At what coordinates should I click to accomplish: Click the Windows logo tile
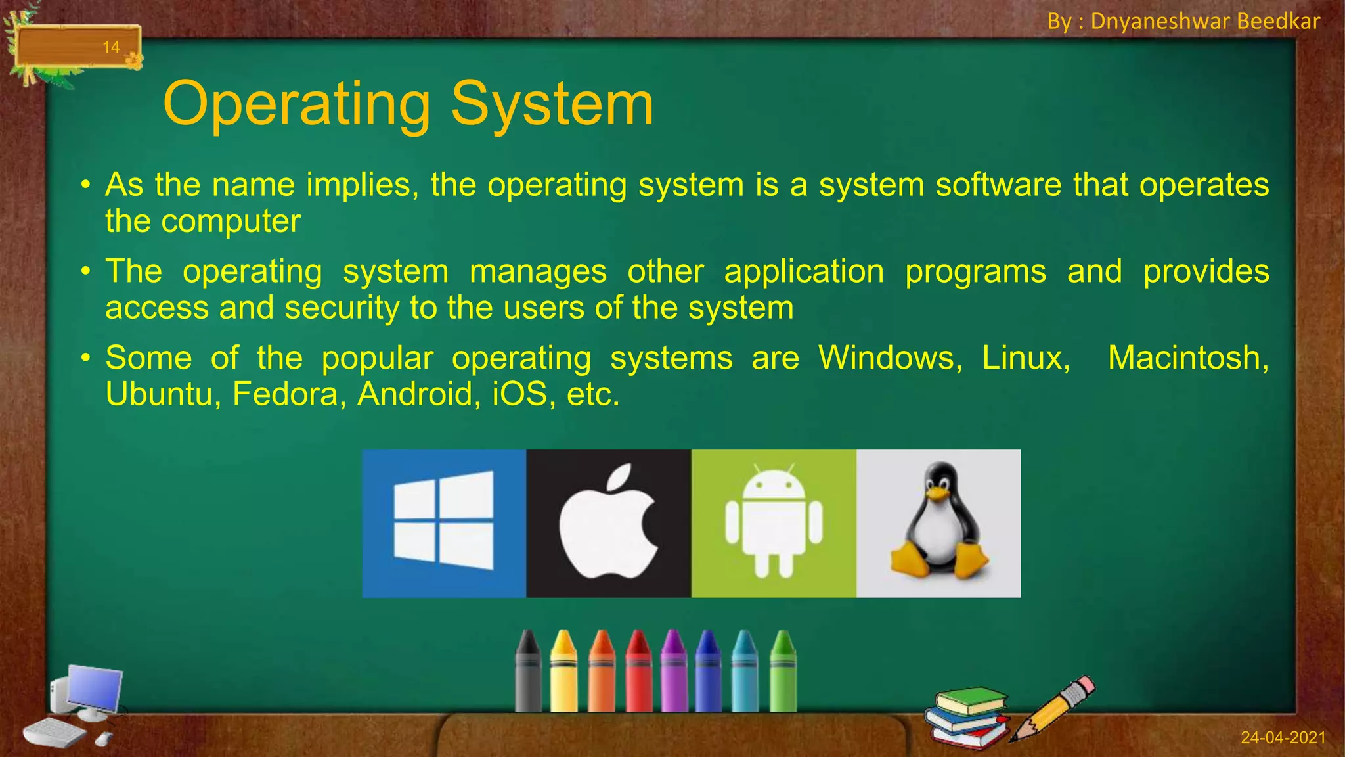[444, 523]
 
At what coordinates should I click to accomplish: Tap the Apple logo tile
[608, 523]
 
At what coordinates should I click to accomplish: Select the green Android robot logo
[774, 523]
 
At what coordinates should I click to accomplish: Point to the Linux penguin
[938, 523]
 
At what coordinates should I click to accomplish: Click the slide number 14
[111, 47]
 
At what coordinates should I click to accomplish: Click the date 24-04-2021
[1283, 737]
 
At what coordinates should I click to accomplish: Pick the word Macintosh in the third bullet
[1187, 358]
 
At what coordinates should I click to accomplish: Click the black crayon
[528, 674]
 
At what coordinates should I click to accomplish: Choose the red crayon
[638, 674]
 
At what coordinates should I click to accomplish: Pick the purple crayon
[674, 674]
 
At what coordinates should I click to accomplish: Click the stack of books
[967, 718]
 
